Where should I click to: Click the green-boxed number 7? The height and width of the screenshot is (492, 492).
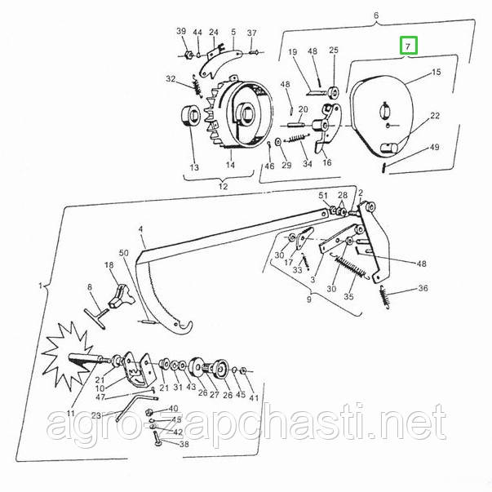point(408,47)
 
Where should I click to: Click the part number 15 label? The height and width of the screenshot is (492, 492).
point(437,72)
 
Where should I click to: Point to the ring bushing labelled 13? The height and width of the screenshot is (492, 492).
point(191,116)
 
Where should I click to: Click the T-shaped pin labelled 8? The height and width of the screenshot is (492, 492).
point(96,317)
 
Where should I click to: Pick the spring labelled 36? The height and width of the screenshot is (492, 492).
point(384,297)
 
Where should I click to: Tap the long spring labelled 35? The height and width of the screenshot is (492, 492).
point(350,268)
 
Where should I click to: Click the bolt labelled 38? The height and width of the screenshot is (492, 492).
point(157,439)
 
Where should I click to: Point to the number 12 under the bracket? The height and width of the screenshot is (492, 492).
point(223,186)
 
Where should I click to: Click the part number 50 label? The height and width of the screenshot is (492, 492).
point(124,253)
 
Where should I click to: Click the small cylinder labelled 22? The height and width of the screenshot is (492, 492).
point(389,147)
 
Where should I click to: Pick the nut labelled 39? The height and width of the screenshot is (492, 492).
point(188,55)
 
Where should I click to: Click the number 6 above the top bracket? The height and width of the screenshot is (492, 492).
point(376,16)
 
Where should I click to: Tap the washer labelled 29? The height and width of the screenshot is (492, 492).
point(278,142)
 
